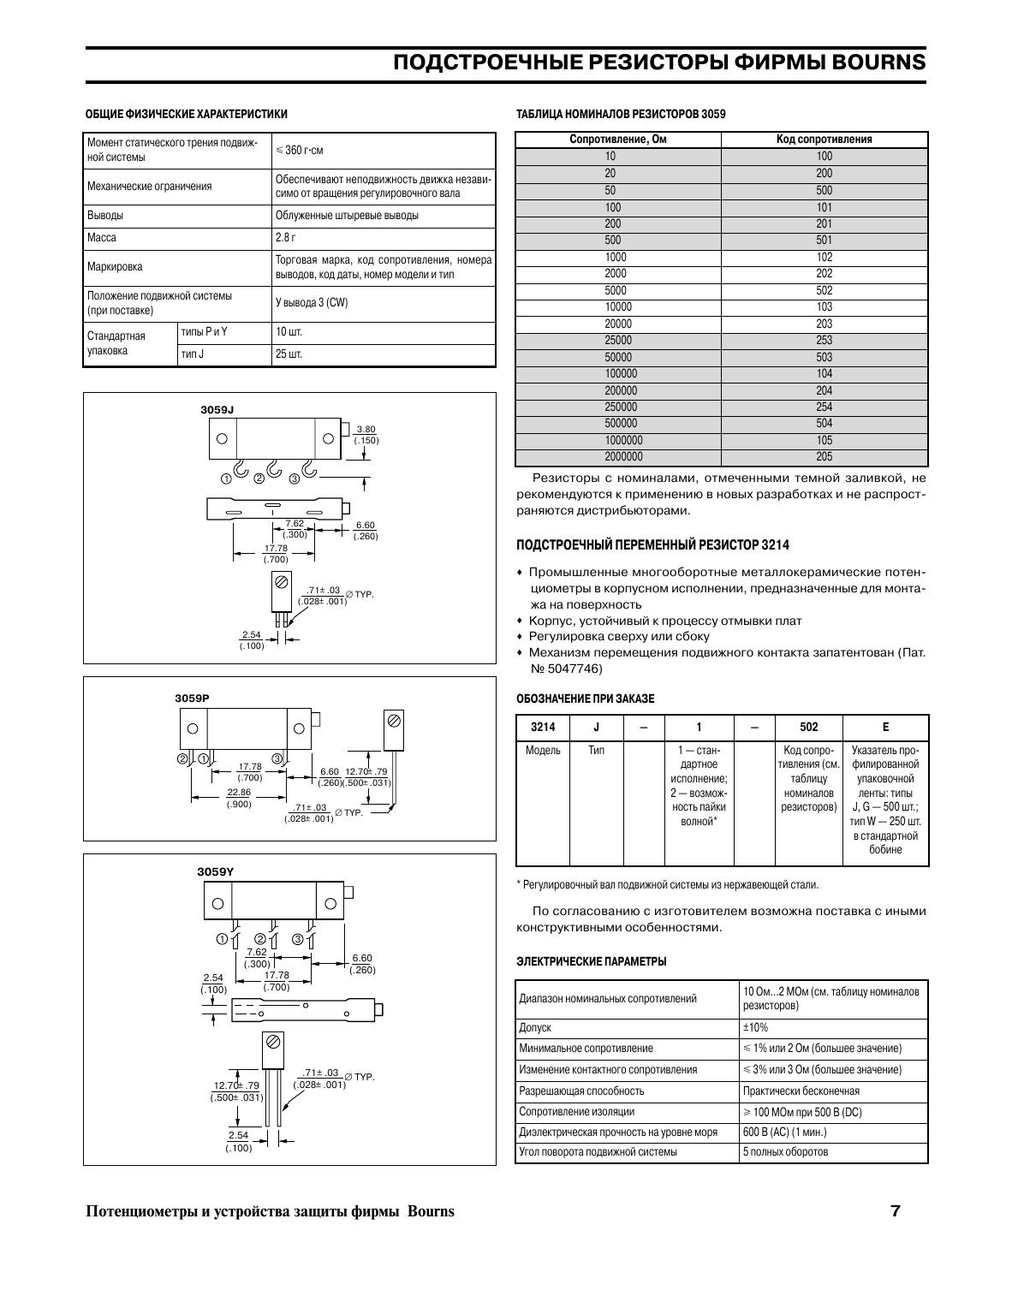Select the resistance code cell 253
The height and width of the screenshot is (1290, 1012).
(x=824, y=341)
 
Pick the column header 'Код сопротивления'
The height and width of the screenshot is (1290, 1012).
(x=824, y=140)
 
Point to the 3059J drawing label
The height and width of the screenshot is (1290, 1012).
(x=217, y=410)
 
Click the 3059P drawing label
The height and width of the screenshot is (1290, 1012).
(x=192, y=699)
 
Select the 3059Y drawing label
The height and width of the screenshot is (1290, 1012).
(x=215, y=871)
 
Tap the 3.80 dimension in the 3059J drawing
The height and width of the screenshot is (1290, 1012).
(x=366, y=430)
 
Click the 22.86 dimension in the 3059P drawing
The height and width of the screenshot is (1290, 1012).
(x=239, y=793)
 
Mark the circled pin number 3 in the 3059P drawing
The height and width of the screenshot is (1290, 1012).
(x=277, y=758)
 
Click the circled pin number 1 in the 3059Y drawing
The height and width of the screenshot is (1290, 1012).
(x=223, y=939)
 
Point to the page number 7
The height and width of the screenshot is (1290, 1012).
(x=896, y=1211)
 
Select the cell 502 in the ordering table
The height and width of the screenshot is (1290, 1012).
(x=808, y=728)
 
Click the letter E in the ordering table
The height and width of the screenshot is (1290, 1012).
(x=885, y=728)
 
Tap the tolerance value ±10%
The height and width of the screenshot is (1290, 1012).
(x=756, y=1027)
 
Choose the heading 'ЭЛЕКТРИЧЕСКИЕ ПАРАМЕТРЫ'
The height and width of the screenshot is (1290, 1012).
(x=591, y=961)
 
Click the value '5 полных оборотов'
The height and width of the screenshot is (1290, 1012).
(x=785, y=1152)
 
